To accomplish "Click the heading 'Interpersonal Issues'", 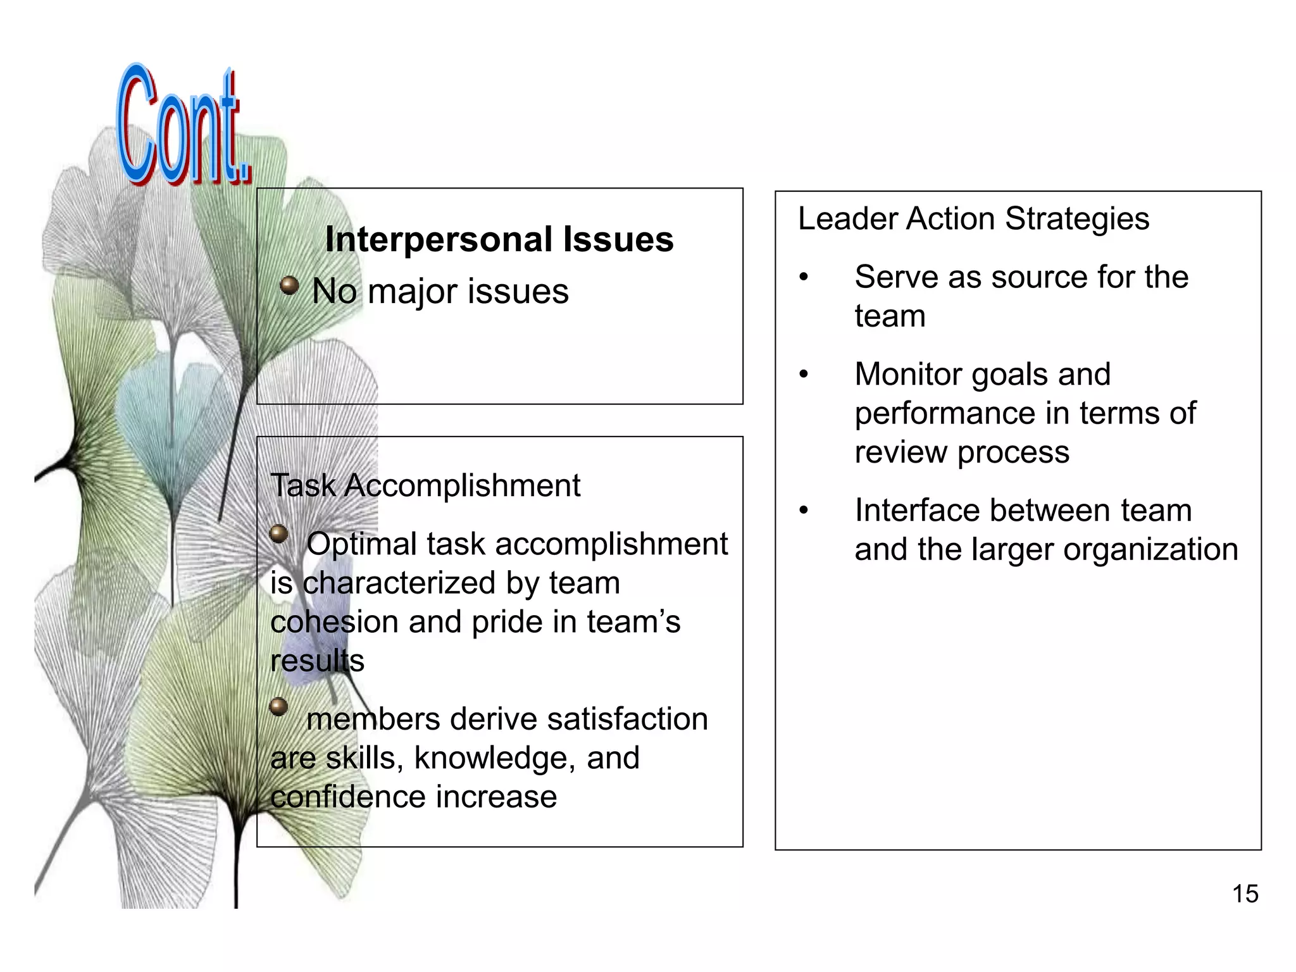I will click(x=499, y=239).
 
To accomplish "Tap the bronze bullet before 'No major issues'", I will click(x=289, y=286).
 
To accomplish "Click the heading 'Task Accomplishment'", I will click(x=425, y=485).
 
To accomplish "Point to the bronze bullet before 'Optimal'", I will click(x=279, y=534).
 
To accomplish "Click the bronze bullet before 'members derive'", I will click(x=279, y=707).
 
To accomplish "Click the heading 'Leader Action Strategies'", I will click(x=973, y=219).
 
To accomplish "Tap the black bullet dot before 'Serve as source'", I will click(x=804, y=277).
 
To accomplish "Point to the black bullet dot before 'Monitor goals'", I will click(x=804, y=375).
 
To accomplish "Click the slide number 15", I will click(x=1245, y=894).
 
